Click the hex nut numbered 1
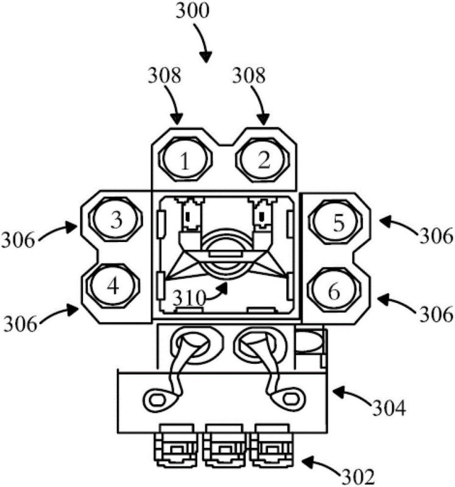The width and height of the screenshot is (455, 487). pos(185,159)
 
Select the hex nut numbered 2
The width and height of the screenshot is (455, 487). pos(264,159)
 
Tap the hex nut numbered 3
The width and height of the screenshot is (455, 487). pos(116,219)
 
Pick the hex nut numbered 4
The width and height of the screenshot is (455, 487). pos(113,286)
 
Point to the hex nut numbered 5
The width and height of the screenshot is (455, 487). pos(336,222)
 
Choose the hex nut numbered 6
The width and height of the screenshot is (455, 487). pos(335,290)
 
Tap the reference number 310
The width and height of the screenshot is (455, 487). pos(189,298)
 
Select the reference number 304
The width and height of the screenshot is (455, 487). pos(389,408)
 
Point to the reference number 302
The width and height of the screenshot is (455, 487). pos(358,475)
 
